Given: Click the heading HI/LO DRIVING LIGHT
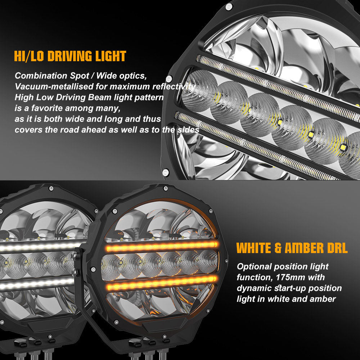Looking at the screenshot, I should [x=70, y=57].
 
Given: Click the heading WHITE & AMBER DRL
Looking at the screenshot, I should [x=292, y=248].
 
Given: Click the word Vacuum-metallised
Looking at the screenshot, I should [x=51, y=87].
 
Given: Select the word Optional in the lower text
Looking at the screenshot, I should [x=254, y=266].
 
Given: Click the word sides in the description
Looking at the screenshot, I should [x=189, y=130].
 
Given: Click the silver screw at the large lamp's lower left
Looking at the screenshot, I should [x=166, y=173].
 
